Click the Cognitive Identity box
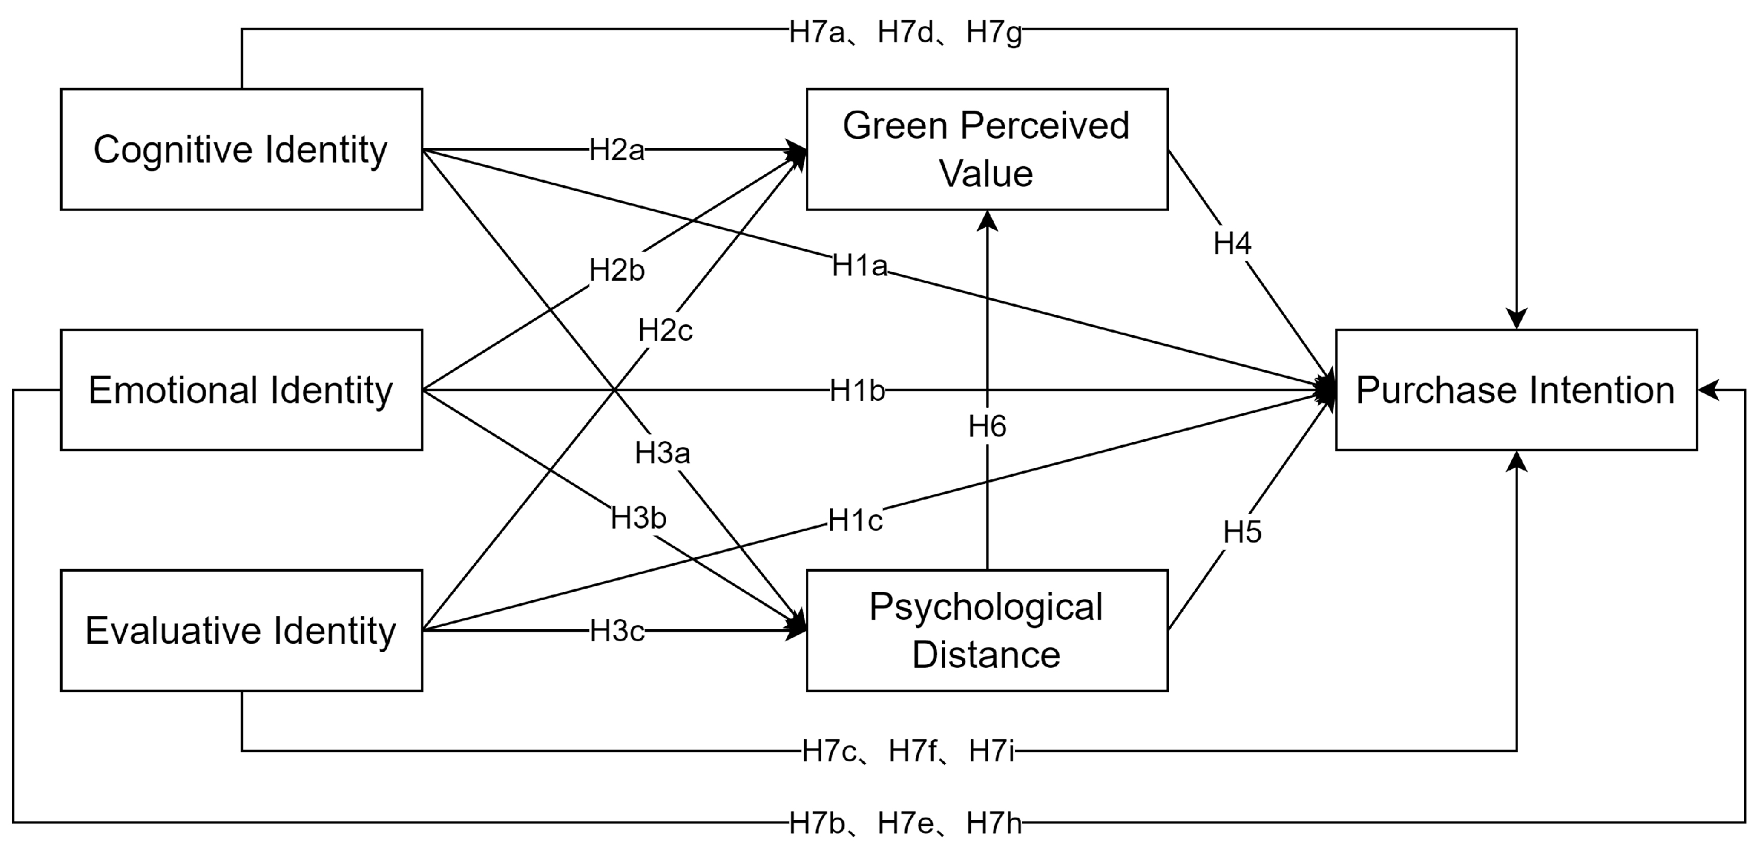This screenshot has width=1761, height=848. coord(242,149)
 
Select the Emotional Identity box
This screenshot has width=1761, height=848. coord(242,390)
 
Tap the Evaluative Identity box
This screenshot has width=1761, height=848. coord(242,630)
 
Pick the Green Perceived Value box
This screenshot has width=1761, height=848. coord(987,149)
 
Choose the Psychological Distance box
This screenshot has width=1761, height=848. coord(987,630)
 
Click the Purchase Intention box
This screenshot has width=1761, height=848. coord(1516,390)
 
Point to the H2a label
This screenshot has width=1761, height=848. coord(617,150)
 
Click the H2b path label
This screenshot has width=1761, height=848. coord(617,271)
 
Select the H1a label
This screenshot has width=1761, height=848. coord(859,265)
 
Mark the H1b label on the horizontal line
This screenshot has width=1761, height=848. coord(857,391)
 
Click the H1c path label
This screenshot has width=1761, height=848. coord(855,520)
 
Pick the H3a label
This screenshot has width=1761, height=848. coord(662,453)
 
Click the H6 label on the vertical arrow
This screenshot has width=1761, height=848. coord(987,426)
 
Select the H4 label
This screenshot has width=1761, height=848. coord(1232,243)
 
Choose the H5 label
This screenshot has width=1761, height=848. coord(1242,532)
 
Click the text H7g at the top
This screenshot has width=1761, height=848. coord(994,32)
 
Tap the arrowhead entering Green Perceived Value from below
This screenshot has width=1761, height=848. coord(987,220)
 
